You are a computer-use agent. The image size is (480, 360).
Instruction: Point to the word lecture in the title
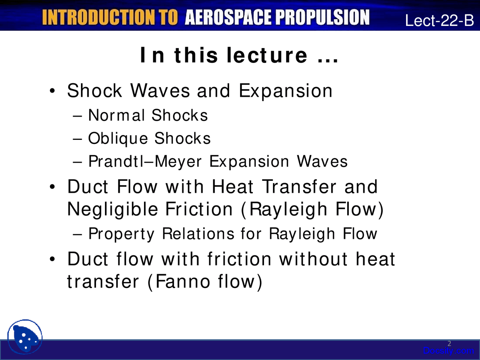coord(267,55)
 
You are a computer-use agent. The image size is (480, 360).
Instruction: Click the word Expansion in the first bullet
coord(285,91)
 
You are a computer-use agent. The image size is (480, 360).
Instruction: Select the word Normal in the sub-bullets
coord(116,115)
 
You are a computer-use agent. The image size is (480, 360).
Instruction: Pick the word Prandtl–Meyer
coord(145,162)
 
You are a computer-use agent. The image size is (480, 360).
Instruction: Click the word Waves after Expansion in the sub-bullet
coord(322,162)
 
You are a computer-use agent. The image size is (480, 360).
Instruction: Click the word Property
coord(121,234)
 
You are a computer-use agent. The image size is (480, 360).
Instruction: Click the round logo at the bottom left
coord(25,337)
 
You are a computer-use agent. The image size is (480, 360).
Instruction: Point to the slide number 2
coord(449,343)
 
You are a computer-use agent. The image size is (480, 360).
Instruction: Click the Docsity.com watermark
coord(448,351)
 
